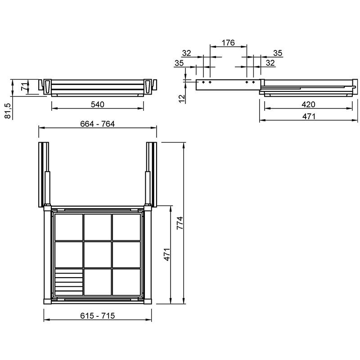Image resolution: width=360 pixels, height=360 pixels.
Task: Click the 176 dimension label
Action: [228, 43]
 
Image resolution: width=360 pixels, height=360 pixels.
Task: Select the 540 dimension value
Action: [98, 104]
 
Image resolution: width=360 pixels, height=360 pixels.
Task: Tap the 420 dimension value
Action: [308, 105]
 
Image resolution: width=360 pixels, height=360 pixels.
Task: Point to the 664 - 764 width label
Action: [97, 124]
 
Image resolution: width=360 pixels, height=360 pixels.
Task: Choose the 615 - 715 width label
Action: [97, 316]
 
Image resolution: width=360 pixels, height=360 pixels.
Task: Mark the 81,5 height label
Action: [8, 111]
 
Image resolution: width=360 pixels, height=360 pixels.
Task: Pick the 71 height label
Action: [25, 86]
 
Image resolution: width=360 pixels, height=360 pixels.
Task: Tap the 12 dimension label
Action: [182, 99]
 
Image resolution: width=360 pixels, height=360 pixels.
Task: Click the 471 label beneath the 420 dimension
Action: [309, 117]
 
